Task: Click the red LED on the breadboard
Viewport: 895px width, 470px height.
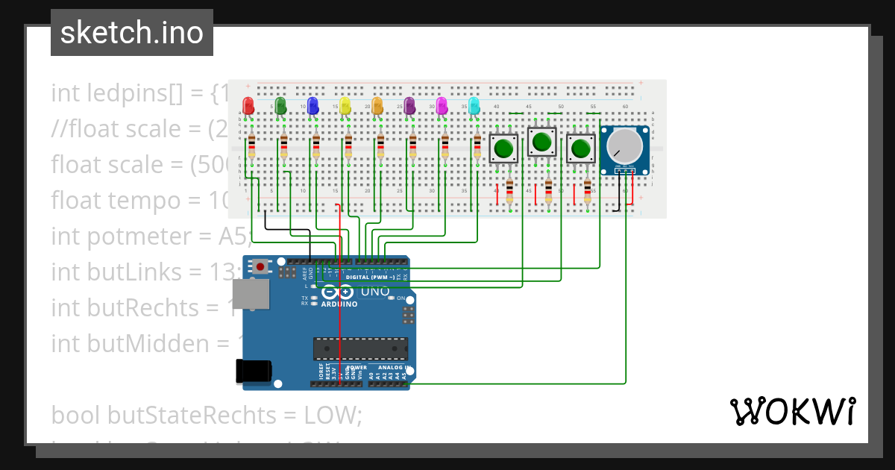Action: coord(248,105)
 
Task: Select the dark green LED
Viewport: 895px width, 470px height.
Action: coord(280,105)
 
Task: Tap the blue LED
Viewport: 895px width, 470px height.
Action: coord(313,105)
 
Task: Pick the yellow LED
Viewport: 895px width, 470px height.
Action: coord(345,105)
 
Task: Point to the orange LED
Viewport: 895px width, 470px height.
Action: coord(377,105)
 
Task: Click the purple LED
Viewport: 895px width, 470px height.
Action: coord(409,105)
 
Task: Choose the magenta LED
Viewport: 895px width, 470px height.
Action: coord(441,105)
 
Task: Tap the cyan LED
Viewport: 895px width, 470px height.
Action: coord(474,105)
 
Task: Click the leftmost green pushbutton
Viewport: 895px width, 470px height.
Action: coord(503,148)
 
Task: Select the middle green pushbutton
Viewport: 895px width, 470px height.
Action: coord(542,141)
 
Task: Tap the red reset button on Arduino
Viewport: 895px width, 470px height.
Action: coord(260,266)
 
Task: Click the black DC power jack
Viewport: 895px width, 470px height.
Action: coord(252,372)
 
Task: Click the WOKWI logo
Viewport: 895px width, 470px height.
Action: coord(792,411)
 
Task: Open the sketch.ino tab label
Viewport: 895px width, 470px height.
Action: coord(132,33)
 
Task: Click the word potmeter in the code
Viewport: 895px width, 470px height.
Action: coord(125,236)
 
